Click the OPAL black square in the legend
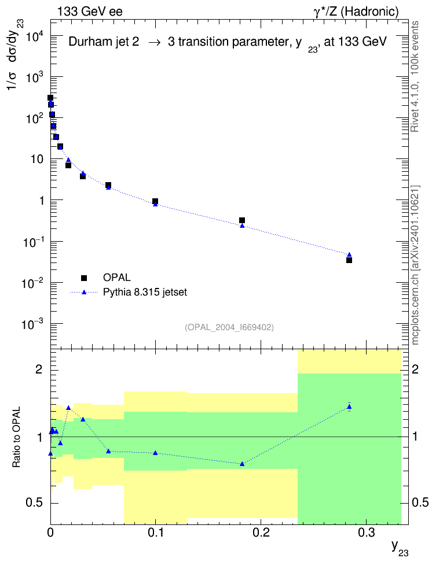[84, 278]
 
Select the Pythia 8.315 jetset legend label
[145, 293]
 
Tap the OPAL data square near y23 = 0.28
[349, 260]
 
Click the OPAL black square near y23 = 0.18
[242, 220]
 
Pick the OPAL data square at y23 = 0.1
[155, 201]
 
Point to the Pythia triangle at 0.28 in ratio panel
[349, 406]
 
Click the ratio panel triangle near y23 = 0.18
[242, 464]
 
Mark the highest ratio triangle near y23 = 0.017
[68, 408]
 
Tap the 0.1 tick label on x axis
[155, 533]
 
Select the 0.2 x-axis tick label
[261, 533]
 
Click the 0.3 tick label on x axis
[367, 533]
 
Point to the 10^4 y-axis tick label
[32, 36]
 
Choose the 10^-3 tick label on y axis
[32, 324]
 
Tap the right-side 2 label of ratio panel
[415, 369]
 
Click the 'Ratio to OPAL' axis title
[17, 437]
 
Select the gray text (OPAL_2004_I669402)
[229, 327]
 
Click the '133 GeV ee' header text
[90, 12]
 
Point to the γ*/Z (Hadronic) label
[356, 12]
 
